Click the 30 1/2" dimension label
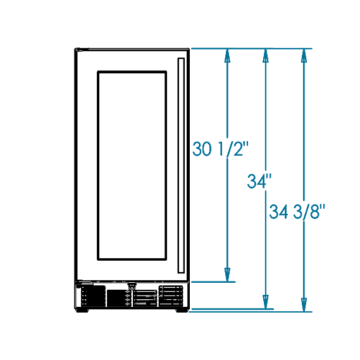(x=220, y=149)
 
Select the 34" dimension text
(x=259, y=182)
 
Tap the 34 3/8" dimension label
(x=297, y=211)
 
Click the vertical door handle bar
(x=181, y=165)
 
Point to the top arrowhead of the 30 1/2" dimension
(x=227, y=56)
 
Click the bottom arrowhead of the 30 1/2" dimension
(x=227, y=275)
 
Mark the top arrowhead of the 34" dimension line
(x=266, y=56)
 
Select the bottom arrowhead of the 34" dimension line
(x=266, y=302)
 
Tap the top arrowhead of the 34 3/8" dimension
(x=304, y=56)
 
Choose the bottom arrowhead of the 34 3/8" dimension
(x=304, y=305)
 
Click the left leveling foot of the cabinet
(x=82, y=311)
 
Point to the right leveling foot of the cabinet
(x=182, y=311)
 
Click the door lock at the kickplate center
(x=132, y=286)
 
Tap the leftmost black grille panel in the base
(x=94, y=295)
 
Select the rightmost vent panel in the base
(x=171, y=295)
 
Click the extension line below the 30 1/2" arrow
(x=213, y=282)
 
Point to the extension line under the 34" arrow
(x=232, y=309)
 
